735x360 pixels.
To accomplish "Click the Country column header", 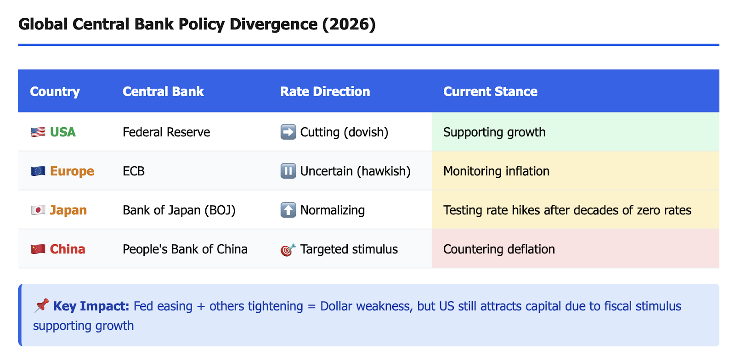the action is point(55,91).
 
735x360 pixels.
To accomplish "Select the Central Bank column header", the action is point(163,91).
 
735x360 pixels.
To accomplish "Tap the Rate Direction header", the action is point(325,91).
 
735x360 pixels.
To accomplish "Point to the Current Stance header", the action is point(490,91).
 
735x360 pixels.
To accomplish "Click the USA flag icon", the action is point(38,132).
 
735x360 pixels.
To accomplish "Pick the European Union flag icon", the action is point(38,171).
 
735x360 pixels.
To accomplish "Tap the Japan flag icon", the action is point(38,210).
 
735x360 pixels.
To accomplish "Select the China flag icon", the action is point(38,249).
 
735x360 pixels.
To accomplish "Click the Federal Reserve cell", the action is point(166,132).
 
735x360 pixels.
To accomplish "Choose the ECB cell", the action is point(134,171).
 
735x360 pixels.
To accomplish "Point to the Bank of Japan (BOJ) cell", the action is point(179,210).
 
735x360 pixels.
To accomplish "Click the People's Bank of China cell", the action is point(185,249).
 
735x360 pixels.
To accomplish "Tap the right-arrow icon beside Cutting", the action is point(288,132).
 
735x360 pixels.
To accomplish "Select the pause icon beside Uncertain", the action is point(288,171).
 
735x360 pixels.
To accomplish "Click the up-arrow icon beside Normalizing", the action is point(288,210).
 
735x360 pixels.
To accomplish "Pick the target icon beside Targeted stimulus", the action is point(288,250).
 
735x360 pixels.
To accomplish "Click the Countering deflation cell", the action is point(499,249).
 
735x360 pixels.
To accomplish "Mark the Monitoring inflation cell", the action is point(496,171).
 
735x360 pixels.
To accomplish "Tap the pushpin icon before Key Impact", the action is point(41,305).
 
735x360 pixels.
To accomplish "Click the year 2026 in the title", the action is point(349,24).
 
